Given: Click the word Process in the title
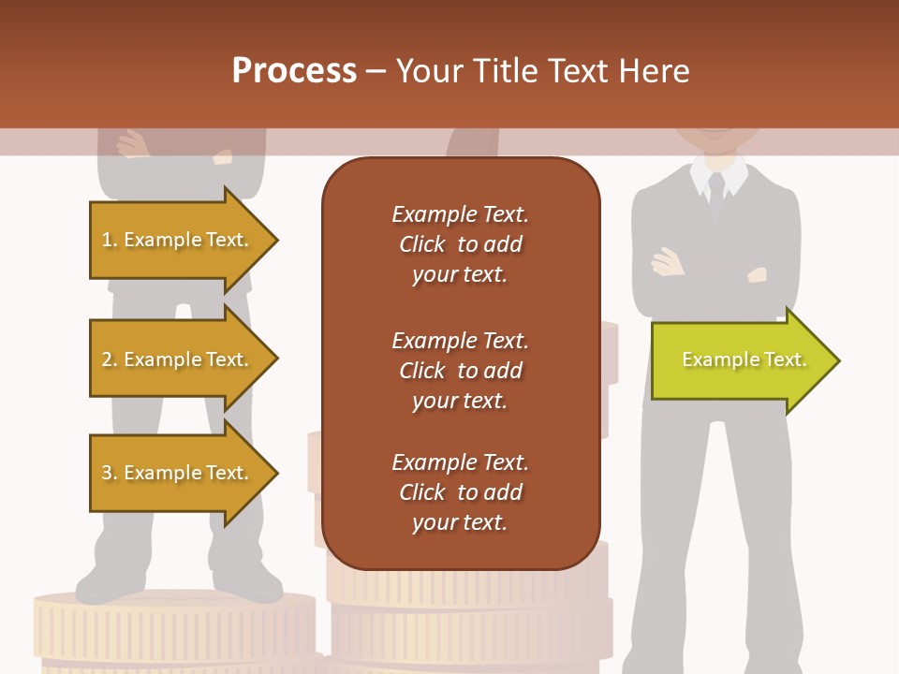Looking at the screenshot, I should (294, 71).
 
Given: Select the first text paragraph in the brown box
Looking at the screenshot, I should (460, 244).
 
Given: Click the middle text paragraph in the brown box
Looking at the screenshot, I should (460, 370).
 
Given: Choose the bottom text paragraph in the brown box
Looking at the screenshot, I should (460, 492).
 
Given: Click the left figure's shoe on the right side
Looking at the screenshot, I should (247, 584).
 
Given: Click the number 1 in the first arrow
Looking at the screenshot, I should (106, 241).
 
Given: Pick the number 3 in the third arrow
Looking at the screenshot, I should (106, 473).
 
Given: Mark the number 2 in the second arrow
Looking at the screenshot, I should (106, 359).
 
